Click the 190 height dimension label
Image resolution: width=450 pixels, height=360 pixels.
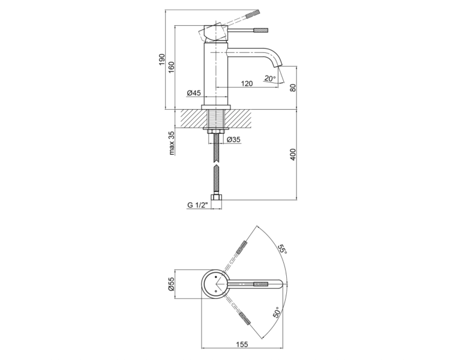(162, 59)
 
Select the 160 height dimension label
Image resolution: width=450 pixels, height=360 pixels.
(172, 67)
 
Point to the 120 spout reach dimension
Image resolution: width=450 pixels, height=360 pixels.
(247, 83)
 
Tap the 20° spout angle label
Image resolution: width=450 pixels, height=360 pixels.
(270, 78)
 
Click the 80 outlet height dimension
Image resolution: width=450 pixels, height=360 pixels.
(293, 88)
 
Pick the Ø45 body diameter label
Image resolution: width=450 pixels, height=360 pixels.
(194, 93)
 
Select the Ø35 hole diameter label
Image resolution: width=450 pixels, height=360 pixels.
(233, 140)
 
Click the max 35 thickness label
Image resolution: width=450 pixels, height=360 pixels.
(172, 143)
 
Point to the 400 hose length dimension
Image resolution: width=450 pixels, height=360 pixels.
(293, 154)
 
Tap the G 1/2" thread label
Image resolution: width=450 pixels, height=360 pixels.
(197, 205)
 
